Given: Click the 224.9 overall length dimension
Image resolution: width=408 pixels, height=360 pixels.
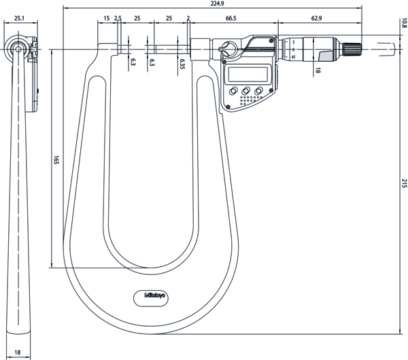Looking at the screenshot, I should tap(217, 3).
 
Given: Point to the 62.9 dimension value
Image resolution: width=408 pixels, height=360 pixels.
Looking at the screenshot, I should tap(316, 18).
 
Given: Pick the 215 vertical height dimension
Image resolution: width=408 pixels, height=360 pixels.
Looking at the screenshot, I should tap(403, 183).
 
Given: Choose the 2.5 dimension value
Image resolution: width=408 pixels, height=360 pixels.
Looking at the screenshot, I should tap(118, 18).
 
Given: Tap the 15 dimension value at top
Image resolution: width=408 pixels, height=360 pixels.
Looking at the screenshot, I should tap(106, 18).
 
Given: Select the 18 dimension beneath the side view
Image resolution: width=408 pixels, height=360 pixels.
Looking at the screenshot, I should tap(18, 353).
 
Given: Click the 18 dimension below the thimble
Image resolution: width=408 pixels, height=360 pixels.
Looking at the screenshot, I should tap(317, 69).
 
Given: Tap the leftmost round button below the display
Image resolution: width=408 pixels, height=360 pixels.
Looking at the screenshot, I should tap(233, 91).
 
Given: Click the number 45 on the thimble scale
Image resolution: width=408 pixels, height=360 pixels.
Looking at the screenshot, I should tap(293, 57).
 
